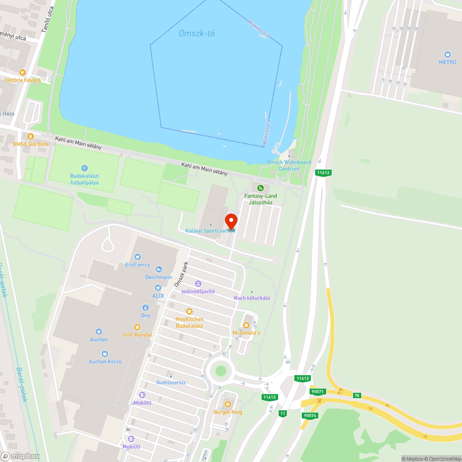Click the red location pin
click(x=231, y=221)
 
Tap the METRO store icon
click(x=447, y=55)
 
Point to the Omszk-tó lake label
click(x=197, y=33)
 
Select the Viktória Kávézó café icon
click(x=22, y=72)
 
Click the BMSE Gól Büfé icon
click(x=30, y=136)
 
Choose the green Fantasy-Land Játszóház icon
click(x=261, y=188)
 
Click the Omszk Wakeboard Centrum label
click(x=289, y=165)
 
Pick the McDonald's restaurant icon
click(x=246, y=325)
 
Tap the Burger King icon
click(x=228, y=404)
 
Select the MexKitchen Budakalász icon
click(x=189, y=311)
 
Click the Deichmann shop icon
click(x=159, y=269)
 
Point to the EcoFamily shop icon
click(x=137, y=257)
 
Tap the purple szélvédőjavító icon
click(x=198, y=283)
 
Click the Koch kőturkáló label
click(x=252, y=298)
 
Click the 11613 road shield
click(x=269, y=397)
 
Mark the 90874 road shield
click(x=309, y=415)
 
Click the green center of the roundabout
click(x=221, y=371)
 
